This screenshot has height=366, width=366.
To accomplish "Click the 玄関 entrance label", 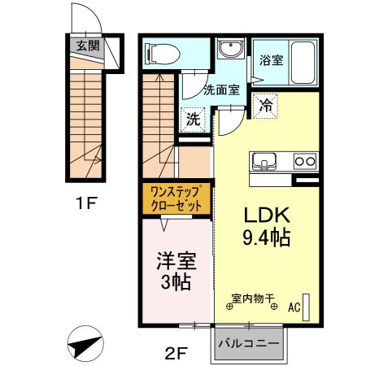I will point(88,46).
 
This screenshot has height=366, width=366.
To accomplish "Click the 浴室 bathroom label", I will point(271,59).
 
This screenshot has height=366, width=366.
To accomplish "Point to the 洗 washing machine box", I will point(193,119).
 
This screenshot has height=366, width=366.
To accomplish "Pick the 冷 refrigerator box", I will point(266,103).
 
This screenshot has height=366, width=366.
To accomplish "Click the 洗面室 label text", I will point(220,89).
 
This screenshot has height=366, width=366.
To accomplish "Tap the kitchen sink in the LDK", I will point(264,159).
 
